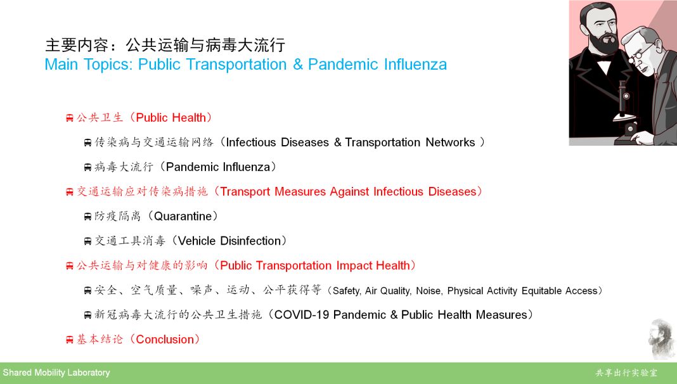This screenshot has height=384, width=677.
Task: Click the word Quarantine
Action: (183, 216)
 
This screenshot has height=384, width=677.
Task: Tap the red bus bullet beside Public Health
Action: (70, 118)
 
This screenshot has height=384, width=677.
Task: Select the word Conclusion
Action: (165, 340)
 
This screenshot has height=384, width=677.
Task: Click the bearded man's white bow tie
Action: (603, 65)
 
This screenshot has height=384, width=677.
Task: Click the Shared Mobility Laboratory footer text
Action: (56, 373)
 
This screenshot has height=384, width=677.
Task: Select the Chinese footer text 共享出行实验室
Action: (626, 373)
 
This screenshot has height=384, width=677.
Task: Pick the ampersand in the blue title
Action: (298, 65)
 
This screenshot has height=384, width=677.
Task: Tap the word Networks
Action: (450, 143)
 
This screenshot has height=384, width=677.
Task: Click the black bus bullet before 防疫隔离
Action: (87, 217)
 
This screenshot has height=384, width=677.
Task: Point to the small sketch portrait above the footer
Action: (661, 339)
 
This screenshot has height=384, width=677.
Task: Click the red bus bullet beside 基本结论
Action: (70, 340)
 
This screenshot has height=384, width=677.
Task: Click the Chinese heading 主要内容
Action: (77, 45)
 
